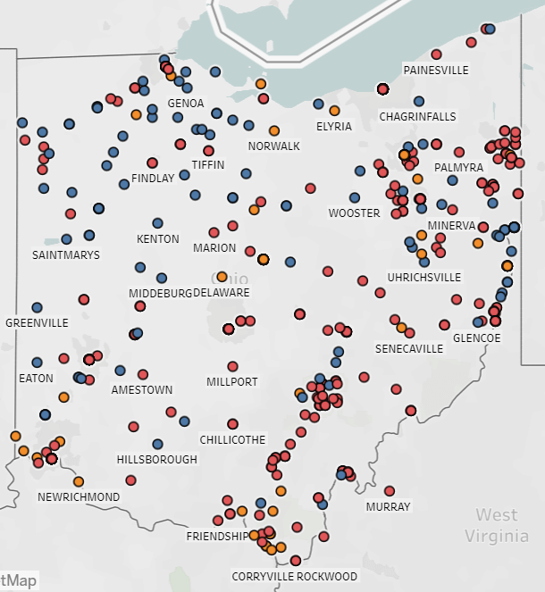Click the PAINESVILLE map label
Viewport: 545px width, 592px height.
pos(436,70)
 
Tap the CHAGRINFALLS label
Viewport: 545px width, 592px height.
pos(417,117)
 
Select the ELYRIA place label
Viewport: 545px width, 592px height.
pos(334,127)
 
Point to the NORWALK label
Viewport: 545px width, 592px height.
pos(274,146)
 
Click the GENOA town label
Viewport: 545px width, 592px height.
pos(186,104)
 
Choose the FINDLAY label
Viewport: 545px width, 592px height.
pos(153,179)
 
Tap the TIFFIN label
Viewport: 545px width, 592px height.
pos(208,165)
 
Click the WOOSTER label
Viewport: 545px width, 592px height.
pos(354,213)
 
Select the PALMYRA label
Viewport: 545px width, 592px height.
pos(458,168)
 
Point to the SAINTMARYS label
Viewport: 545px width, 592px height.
pos(66,254)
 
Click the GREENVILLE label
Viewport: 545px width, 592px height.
pos(37,322)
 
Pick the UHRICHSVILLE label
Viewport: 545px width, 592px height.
pos(424,278)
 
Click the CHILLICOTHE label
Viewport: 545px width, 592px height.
pos(232,440)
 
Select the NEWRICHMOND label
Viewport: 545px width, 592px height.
pos(79,496)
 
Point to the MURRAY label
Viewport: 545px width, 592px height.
pos(389,507)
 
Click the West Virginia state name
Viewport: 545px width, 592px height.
pos(496,525)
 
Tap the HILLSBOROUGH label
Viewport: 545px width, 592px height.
pos(157,460)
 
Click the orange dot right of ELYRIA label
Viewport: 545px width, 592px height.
pos(334,111)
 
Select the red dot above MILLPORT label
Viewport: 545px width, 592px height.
pos(232,366)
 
